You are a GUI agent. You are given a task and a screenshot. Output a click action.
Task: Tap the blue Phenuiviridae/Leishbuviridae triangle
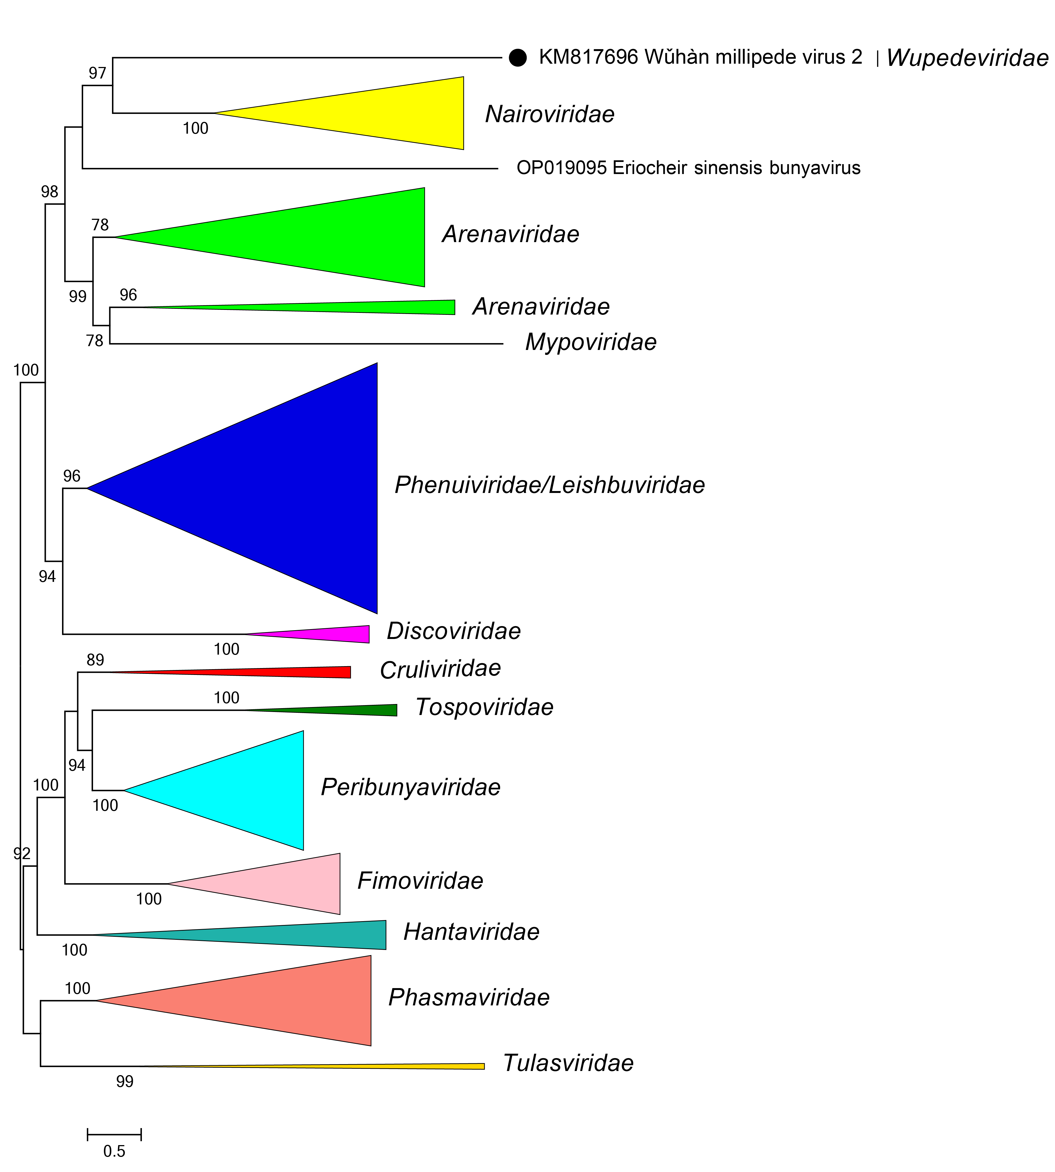tap(290, 488)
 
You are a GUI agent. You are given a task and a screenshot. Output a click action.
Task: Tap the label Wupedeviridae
tap(967, 58)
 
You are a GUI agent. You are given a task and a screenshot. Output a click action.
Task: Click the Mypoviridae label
tap(590, 342)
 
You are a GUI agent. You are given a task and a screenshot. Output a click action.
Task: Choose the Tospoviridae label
tap(484, 707)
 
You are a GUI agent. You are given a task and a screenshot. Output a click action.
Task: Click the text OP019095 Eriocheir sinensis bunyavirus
tap(688, 168)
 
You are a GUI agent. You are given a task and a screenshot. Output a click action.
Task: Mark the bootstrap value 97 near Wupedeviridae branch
tap(97, 73)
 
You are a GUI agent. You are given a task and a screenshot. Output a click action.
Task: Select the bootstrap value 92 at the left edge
tap(21, 853)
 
